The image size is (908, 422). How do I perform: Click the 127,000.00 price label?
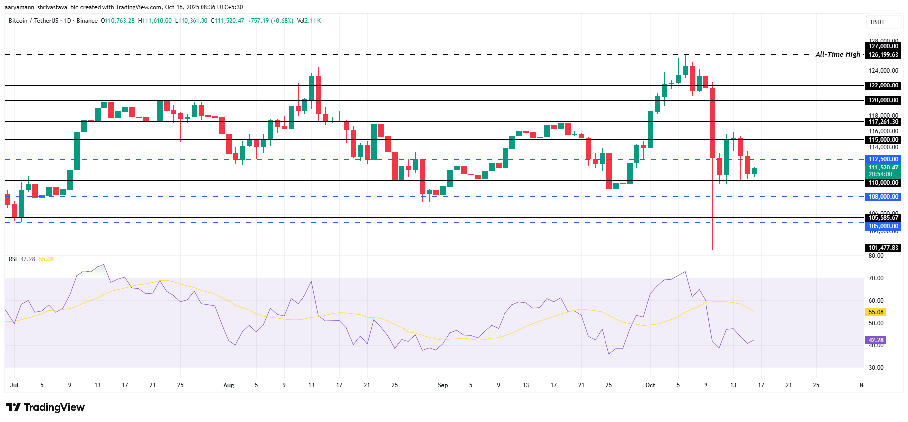tap(883, 46)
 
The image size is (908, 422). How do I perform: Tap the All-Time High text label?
tap(838, 54)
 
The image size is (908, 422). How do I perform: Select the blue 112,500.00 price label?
tap(883, 159)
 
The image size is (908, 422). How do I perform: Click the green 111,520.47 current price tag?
tap(883, 168)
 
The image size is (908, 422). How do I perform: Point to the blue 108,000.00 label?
tap(883, 197)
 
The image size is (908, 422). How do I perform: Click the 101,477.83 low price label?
tap(883, 247)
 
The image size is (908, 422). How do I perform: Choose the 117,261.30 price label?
tap(883, 122)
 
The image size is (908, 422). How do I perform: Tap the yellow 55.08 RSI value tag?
tap(876, 312)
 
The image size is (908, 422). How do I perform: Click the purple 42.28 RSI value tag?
tap(876, 340)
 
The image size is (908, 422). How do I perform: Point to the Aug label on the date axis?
tap(228, 385)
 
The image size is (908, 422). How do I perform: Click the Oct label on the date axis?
tap(650, 385)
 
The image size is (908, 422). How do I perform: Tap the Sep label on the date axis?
tap(442, 385)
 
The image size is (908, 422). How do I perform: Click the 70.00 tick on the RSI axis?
tap(876, 278)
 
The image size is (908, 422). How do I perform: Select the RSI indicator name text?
tap(13, 259)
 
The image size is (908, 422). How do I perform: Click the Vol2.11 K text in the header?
tap(308, 21)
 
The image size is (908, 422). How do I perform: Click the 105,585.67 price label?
tap(883, 217)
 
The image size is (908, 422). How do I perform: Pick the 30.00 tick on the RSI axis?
tap(876, 368)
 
